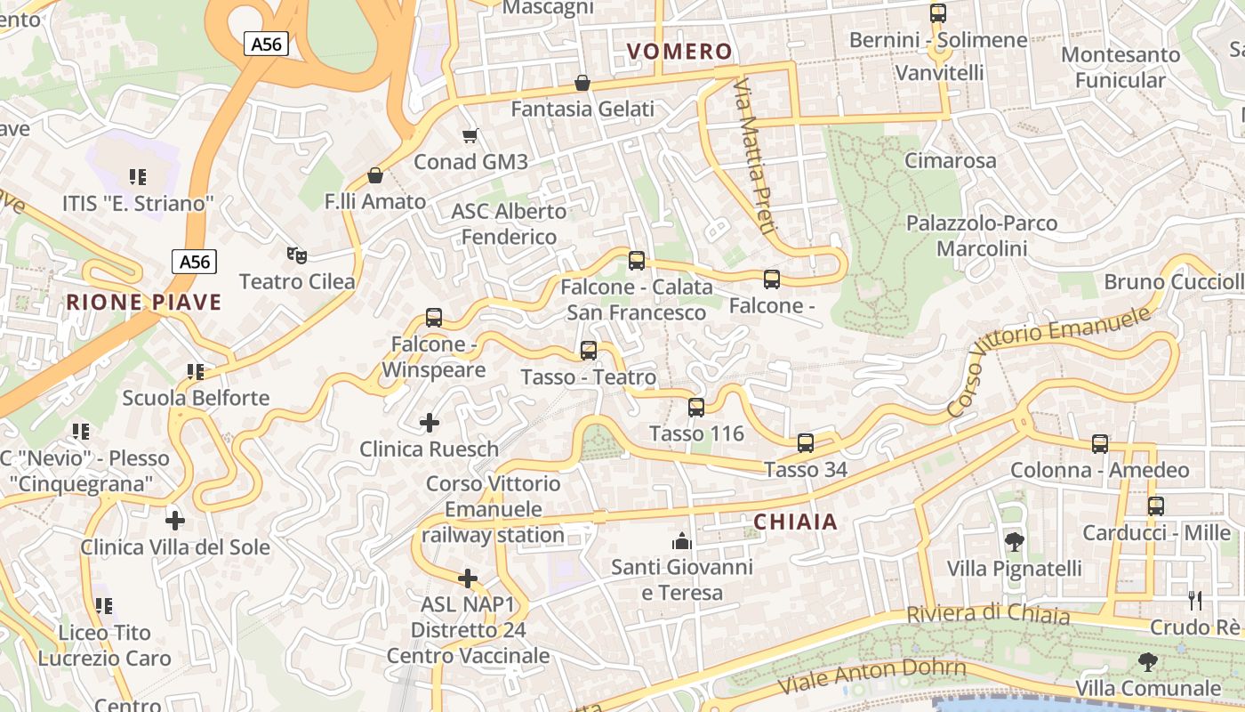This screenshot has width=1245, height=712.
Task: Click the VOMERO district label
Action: point(679,52)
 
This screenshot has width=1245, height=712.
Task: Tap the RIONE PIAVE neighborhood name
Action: point(143,302)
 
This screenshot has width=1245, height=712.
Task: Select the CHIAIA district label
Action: point(795,522)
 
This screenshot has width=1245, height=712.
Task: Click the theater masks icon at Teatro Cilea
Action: point(297,255)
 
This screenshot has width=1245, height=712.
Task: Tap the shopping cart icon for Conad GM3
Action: point(470,135)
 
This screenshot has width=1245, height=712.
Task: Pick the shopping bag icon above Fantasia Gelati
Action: point(582,83)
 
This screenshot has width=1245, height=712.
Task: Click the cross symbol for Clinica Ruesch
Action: point(430,423)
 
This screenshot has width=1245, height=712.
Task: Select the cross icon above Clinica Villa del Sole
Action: point(175,520)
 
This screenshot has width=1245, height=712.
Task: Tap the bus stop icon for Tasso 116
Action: point(696,408)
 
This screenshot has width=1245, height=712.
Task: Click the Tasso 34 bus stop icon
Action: point(806,443)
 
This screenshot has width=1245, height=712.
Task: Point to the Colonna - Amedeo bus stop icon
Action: point(1100,444)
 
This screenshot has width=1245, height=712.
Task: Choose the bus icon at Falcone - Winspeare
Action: point(434,318)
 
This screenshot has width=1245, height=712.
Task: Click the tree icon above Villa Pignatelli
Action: point(1014,541)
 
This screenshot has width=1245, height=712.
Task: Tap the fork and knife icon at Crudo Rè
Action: point(1195,601)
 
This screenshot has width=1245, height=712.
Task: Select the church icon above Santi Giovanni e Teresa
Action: point(682,540)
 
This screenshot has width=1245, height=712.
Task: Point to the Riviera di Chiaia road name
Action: point(988,614)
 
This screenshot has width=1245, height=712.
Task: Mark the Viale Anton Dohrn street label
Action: point(871,676)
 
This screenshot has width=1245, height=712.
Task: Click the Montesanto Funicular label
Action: point(1120,68)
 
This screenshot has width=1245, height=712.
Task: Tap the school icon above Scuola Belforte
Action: point(196,371)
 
